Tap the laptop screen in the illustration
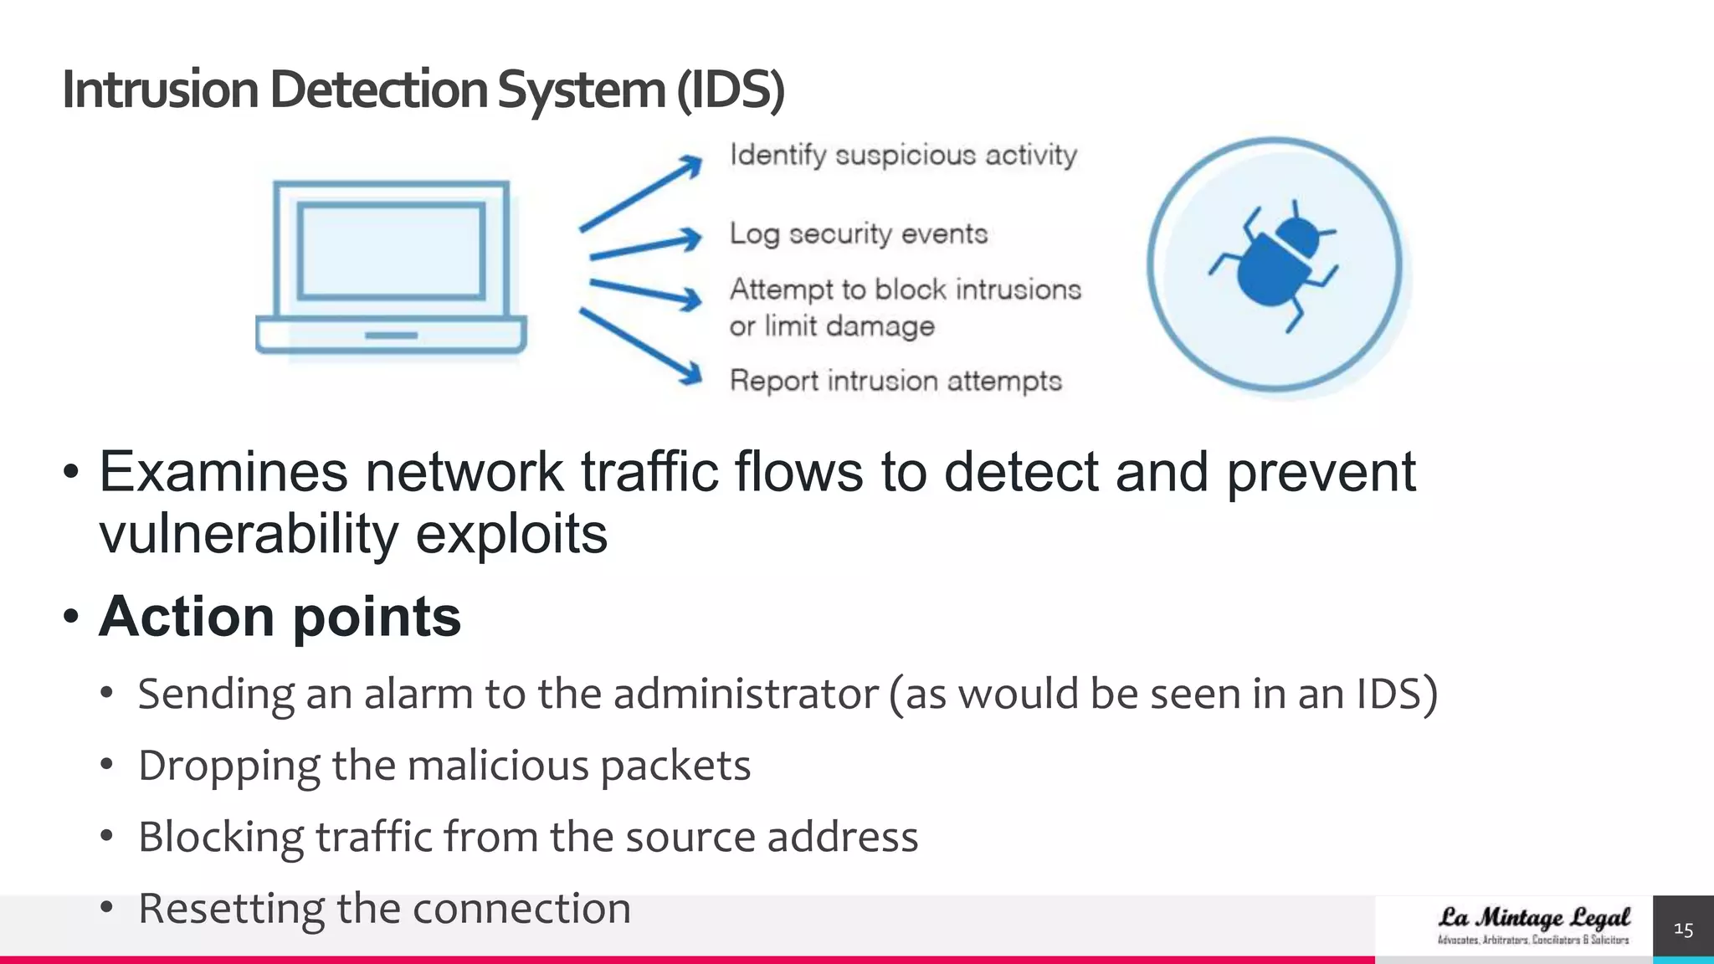(x=391, y=250)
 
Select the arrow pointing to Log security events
(x=645, y=245)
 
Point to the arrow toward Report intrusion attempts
(x=641, y=346)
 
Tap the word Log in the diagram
(x=753, y=233)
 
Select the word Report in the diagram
(x=773, y=382)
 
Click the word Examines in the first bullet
(x=223, y=472)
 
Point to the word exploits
(x=511, y=534)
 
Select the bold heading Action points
(x=280, y=617)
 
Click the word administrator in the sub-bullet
(x=746, y=694)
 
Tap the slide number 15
(x=1683, y=929)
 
